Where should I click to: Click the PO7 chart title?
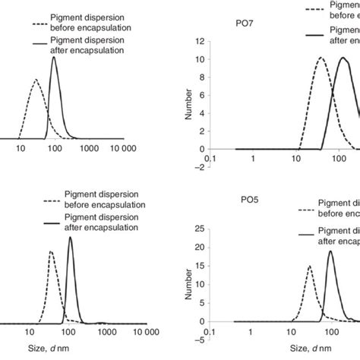[x=245, y=24]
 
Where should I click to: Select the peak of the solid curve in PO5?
[x=330, y=251]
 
